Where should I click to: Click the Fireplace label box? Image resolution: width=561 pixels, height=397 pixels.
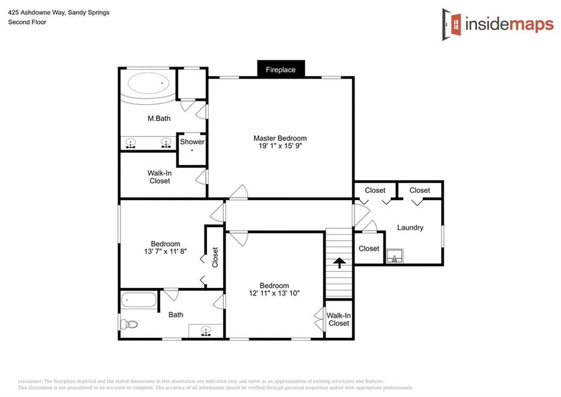click(280, 70)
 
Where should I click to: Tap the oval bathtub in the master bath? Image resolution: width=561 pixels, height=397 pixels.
click(149, 85)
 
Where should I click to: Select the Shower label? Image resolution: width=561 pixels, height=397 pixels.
click(192, 141)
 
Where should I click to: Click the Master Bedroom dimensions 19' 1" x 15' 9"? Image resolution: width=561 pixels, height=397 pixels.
click(280, 147)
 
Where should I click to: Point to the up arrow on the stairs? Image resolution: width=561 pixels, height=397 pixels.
click(340, 263)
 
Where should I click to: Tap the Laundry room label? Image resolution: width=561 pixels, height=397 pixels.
click(410, 228)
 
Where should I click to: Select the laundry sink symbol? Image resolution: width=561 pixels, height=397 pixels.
click(394, 257)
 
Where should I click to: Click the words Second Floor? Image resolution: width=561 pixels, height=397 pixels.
click(27, 22)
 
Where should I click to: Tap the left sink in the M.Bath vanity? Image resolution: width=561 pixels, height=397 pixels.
click(130, 143)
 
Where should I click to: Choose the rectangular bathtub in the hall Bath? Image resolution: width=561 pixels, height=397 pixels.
click(139, 300)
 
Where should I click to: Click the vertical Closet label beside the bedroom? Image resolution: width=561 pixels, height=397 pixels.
click(215, 257)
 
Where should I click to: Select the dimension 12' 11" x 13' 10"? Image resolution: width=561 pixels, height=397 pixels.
click(274, 293)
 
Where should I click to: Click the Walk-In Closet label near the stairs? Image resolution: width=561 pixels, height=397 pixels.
click(339, 319)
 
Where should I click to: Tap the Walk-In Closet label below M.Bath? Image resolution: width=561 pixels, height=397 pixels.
click(159, 177)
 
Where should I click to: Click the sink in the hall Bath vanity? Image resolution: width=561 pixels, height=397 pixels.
click(206, 331)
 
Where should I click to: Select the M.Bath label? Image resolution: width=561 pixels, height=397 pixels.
click(159, 118)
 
